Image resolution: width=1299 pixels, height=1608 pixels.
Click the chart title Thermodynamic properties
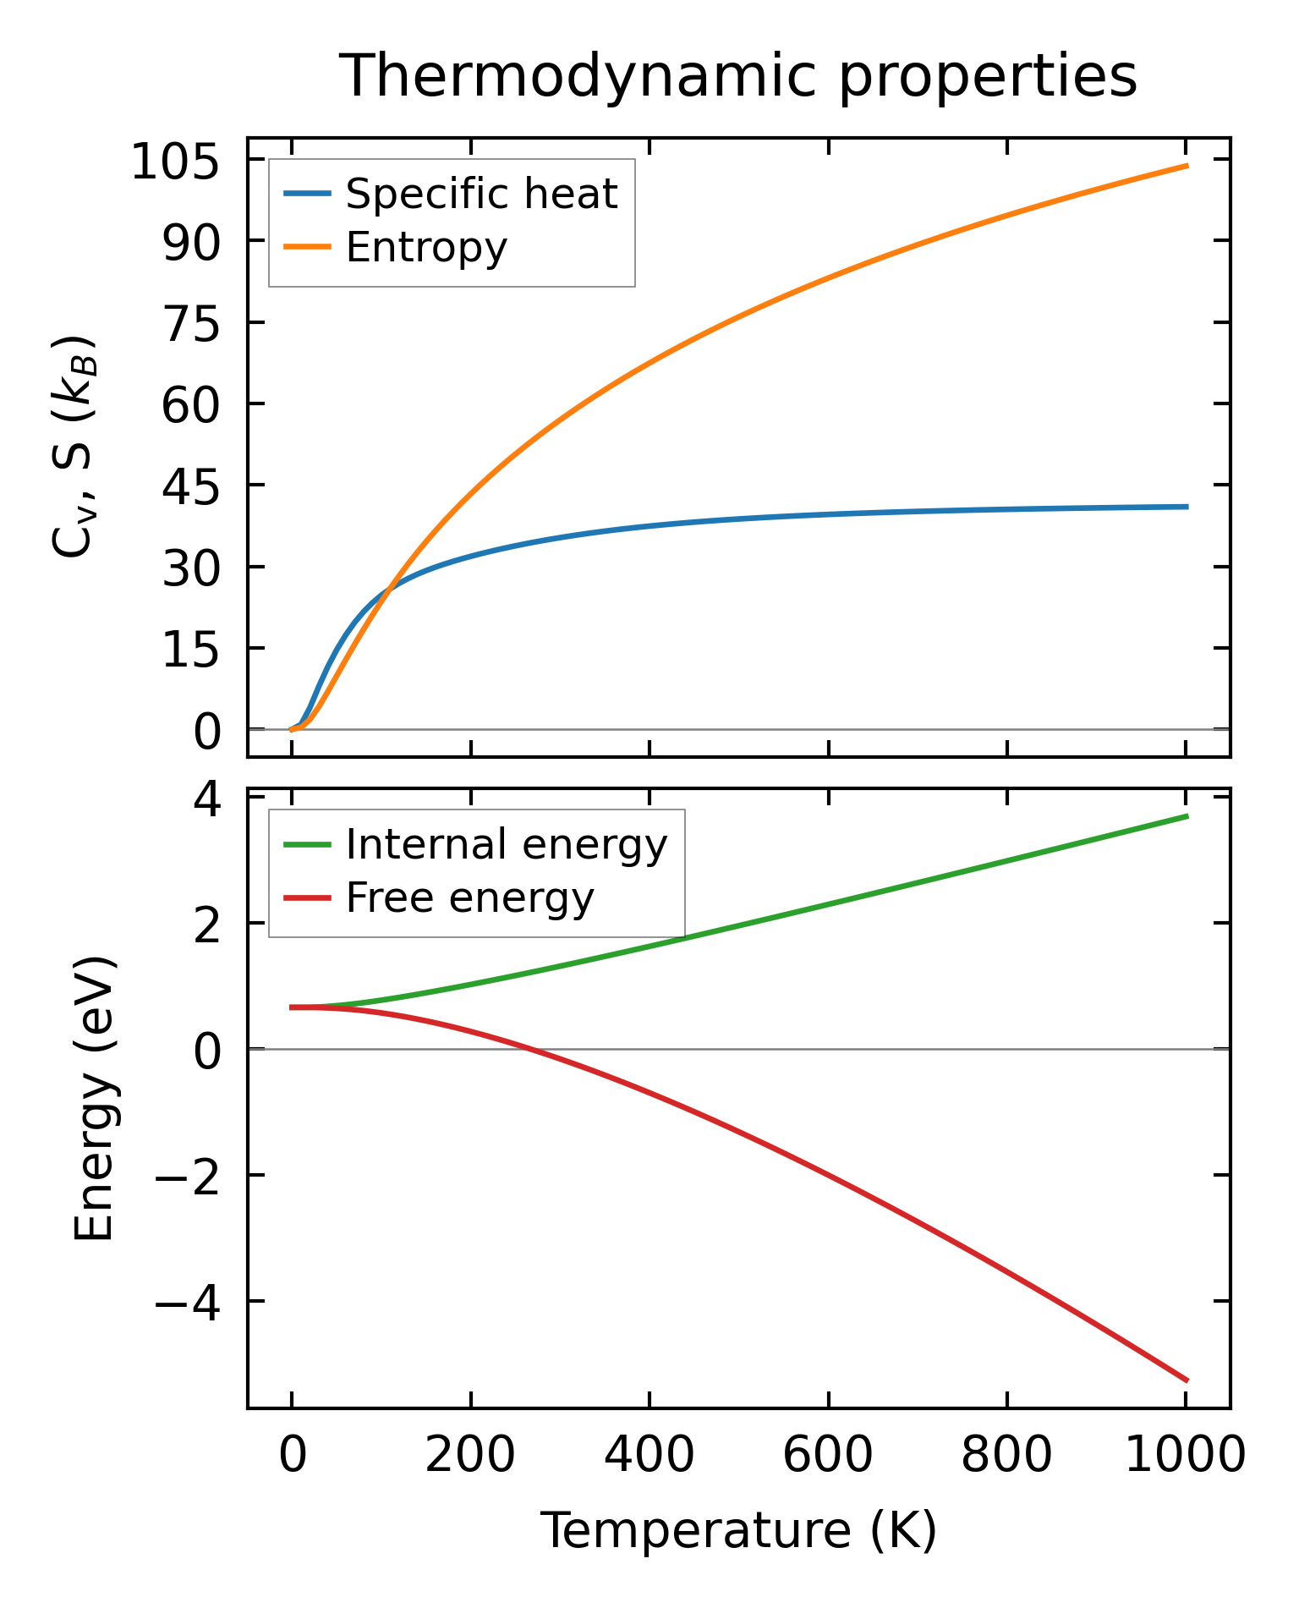(737, 76)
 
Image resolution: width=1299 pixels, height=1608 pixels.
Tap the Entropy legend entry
(426, 248)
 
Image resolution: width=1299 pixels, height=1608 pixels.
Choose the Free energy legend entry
(469, 897)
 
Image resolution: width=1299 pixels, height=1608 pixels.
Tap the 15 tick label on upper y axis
(191, 649)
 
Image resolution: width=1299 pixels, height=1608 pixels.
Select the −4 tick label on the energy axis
(188, 1302)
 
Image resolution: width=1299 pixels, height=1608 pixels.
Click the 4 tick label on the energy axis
(208, 799)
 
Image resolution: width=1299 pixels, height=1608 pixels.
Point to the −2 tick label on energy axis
(188, 1176)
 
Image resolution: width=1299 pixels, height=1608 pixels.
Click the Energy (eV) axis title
(94, 1100)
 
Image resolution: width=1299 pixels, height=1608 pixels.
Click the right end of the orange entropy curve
(1187, 166)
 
